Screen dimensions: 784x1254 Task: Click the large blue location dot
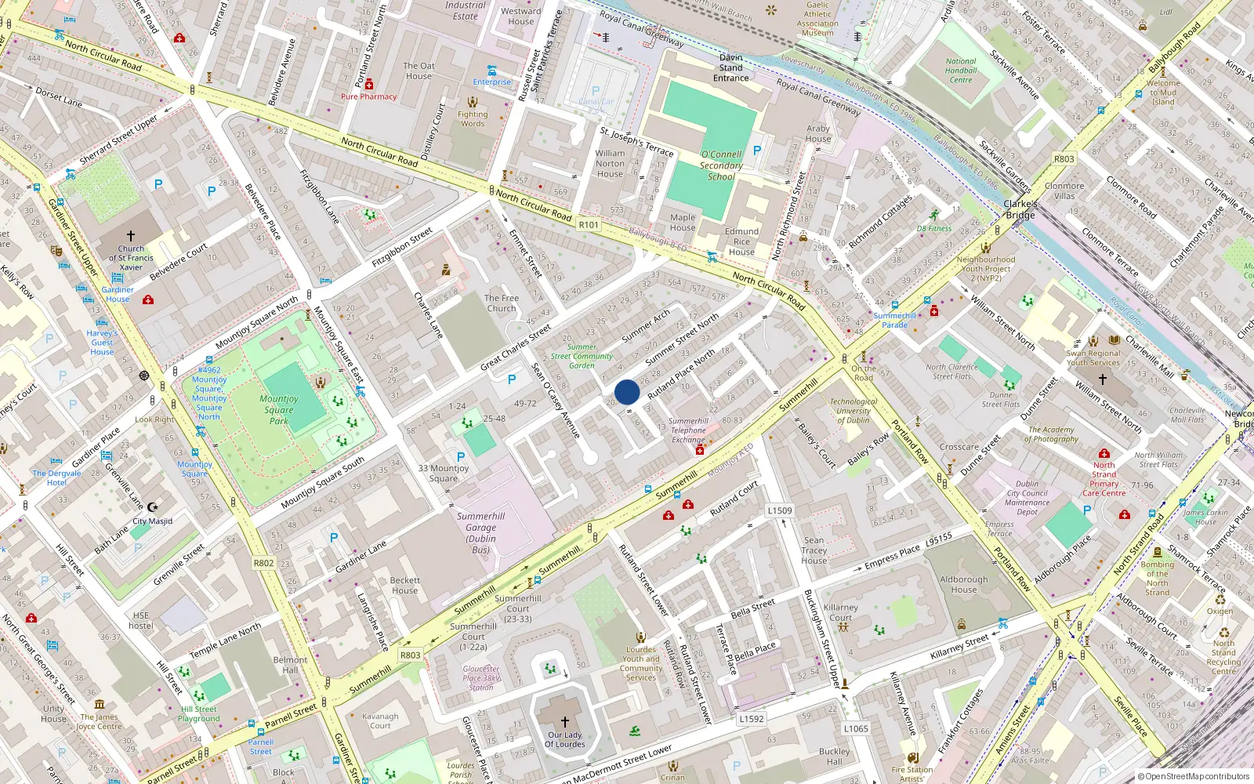[x=627, y=392]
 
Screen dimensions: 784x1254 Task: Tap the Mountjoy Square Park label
[x=279, y=409]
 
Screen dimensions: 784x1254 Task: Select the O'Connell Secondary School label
[x=721, y=165]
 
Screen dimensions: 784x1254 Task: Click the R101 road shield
[x=589, y=225]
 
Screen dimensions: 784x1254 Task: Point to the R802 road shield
[x=263, y=563]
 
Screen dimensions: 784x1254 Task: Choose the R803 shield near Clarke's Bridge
[x=1064, y=159]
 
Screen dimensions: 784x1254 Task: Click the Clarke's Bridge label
[x=1020, y=209]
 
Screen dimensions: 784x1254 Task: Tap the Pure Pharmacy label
[x=368, y=96]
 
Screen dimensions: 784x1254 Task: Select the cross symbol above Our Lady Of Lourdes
[x=564, y=722]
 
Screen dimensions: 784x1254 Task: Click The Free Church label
[x=502, y=303]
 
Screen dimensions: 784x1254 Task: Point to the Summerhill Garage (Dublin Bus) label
[x=480, y=533]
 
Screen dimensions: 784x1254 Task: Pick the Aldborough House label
[x=964, y=584]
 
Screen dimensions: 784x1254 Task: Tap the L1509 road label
[x=779, y=510]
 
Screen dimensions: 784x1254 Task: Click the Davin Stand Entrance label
[x=730, y=67]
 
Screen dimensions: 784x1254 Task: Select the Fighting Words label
[x=473, y=118]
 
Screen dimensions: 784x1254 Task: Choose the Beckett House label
[x=405, y=586]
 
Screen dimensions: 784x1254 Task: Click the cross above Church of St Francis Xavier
[x=131, y=235]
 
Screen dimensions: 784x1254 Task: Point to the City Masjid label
[x=152, y=521]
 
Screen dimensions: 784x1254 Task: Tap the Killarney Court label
[x=841, y=612]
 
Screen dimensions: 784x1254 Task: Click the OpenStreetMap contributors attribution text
[x=1194, y=776]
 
